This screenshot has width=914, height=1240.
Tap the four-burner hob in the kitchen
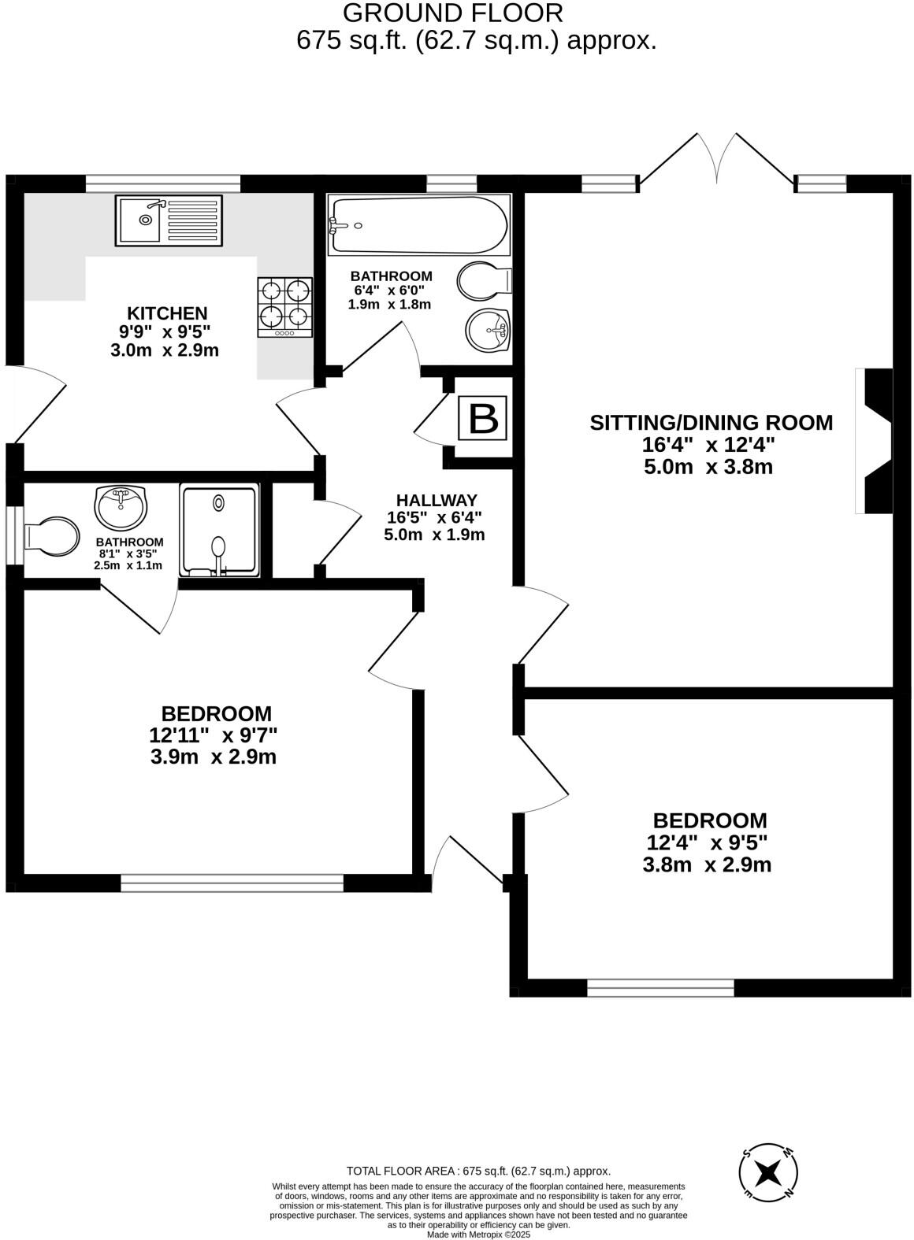[284, 307]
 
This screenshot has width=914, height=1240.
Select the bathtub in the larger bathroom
[418, 225]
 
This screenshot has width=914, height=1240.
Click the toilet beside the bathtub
[482, 281]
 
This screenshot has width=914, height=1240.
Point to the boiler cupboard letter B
[483, 419]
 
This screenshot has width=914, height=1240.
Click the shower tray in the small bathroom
[219, 530]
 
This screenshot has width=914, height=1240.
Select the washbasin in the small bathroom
[121, 507]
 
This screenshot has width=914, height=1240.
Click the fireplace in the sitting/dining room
[876, 441]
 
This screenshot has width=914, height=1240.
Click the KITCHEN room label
[167, 313]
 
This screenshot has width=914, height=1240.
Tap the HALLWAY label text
[436, 500]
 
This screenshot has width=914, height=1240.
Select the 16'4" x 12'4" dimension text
[708, 444]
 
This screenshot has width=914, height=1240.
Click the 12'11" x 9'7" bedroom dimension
[214, 735]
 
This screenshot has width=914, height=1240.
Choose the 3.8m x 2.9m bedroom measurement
[707, 864]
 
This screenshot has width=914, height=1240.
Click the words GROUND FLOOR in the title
[453, 13]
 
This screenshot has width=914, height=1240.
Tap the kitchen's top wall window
[162, 183]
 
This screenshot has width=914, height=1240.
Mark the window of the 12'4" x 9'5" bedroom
[660, 987]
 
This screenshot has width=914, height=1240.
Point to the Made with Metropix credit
[478, 1234]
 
